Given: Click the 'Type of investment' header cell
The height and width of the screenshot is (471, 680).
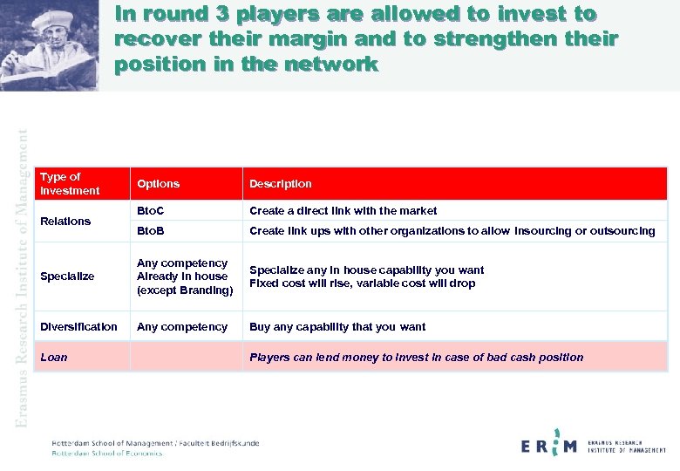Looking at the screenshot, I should [x=70, y=184].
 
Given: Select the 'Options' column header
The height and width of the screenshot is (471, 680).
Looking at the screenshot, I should [x=158, y=184].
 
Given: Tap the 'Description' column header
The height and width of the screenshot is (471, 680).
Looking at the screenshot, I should [x=280, y=184].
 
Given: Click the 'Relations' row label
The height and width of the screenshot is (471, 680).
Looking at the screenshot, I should [x=65, y=222].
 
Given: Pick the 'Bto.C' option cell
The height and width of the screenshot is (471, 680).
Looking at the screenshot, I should [x=151, y=211].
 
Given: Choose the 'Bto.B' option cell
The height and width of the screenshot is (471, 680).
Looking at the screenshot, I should [x=151, y=231].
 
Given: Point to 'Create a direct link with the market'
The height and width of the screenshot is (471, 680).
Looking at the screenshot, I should [x=343, y=211].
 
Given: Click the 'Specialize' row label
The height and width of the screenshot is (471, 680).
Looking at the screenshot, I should [x=67, y=276].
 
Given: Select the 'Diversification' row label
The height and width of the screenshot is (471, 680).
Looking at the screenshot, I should [x=78, y=327].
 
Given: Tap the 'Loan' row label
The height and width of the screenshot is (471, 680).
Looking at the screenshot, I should [x=53, y=357].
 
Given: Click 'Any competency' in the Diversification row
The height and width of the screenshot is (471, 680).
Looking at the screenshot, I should [x=182, y=327].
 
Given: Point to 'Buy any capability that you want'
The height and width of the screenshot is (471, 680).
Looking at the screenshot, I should [x=337, y=327].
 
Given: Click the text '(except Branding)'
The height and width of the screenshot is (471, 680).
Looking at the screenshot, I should [x=185, y=290].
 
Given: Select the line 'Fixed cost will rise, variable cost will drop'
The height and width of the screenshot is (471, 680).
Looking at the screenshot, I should [x=362, y=283].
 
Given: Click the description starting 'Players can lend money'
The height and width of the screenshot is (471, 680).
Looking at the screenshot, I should [x=416, y=357].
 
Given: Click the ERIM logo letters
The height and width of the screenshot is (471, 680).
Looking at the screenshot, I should [x=548, y=446].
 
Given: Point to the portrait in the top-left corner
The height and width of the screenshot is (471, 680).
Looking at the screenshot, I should [x=50, y=44].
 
